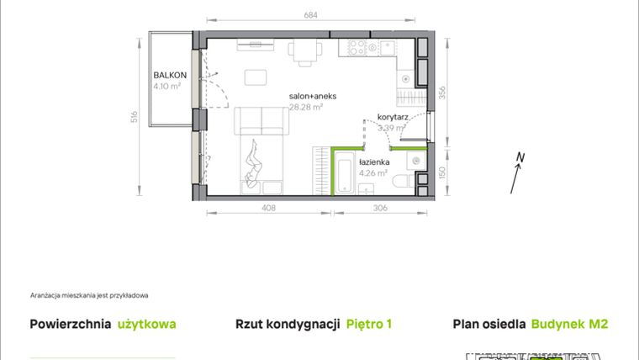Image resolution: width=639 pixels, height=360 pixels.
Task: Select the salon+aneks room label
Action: [x=313, y=97]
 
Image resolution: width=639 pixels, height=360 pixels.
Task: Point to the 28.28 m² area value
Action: [x=307, y=107]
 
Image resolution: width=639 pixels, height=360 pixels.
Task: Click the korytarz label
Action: [x=393, y=118]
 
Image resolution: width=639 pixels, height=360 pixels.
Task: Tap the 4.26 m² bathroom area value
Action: [x=372, y=174]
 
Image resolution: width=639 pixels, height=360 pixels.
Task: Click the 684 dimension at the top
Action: [x=311, y=15]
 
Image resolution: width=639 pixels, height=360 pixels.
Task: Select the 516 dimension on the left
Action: [x=135, y=117]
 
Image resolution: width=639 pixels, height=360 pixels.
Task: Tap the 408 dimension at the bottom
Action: [x=267, y=209]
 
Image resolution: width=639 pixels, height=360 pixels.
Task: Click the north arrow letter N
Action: [x=521, y=156]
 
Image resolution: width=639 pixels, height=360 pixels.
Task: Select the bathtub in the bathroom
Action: [x=346, y=173]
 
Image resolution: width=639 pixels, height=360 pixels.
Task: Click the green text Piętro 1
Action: [x=369, y=324]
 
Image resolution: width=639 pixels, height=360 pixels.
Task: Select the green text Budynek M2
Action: [x=570, y=324]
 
